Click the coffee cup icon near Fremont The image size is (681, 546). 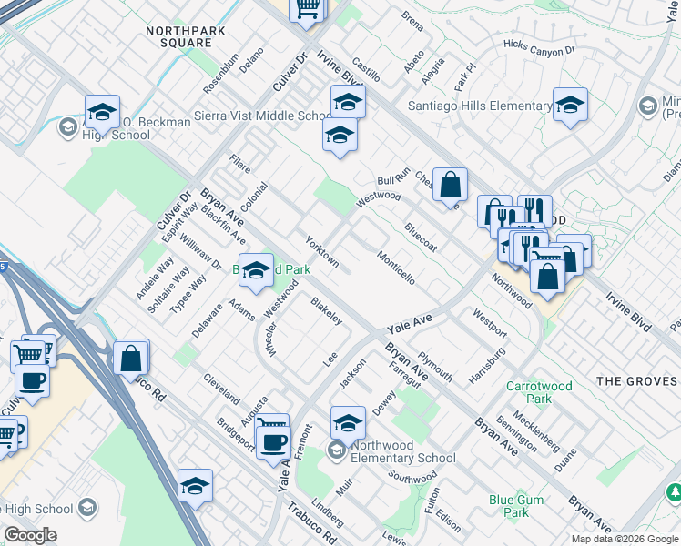point(273,441)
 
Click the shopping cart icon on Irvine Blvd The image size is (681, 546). point(307,8)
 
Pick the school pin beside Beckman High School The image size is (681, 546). point(103,112)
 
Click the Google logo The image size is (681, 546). point(30,535)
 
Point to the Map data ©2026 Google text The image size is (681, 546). point(624,539)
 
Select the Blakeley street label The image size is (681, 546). point(326,311)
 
